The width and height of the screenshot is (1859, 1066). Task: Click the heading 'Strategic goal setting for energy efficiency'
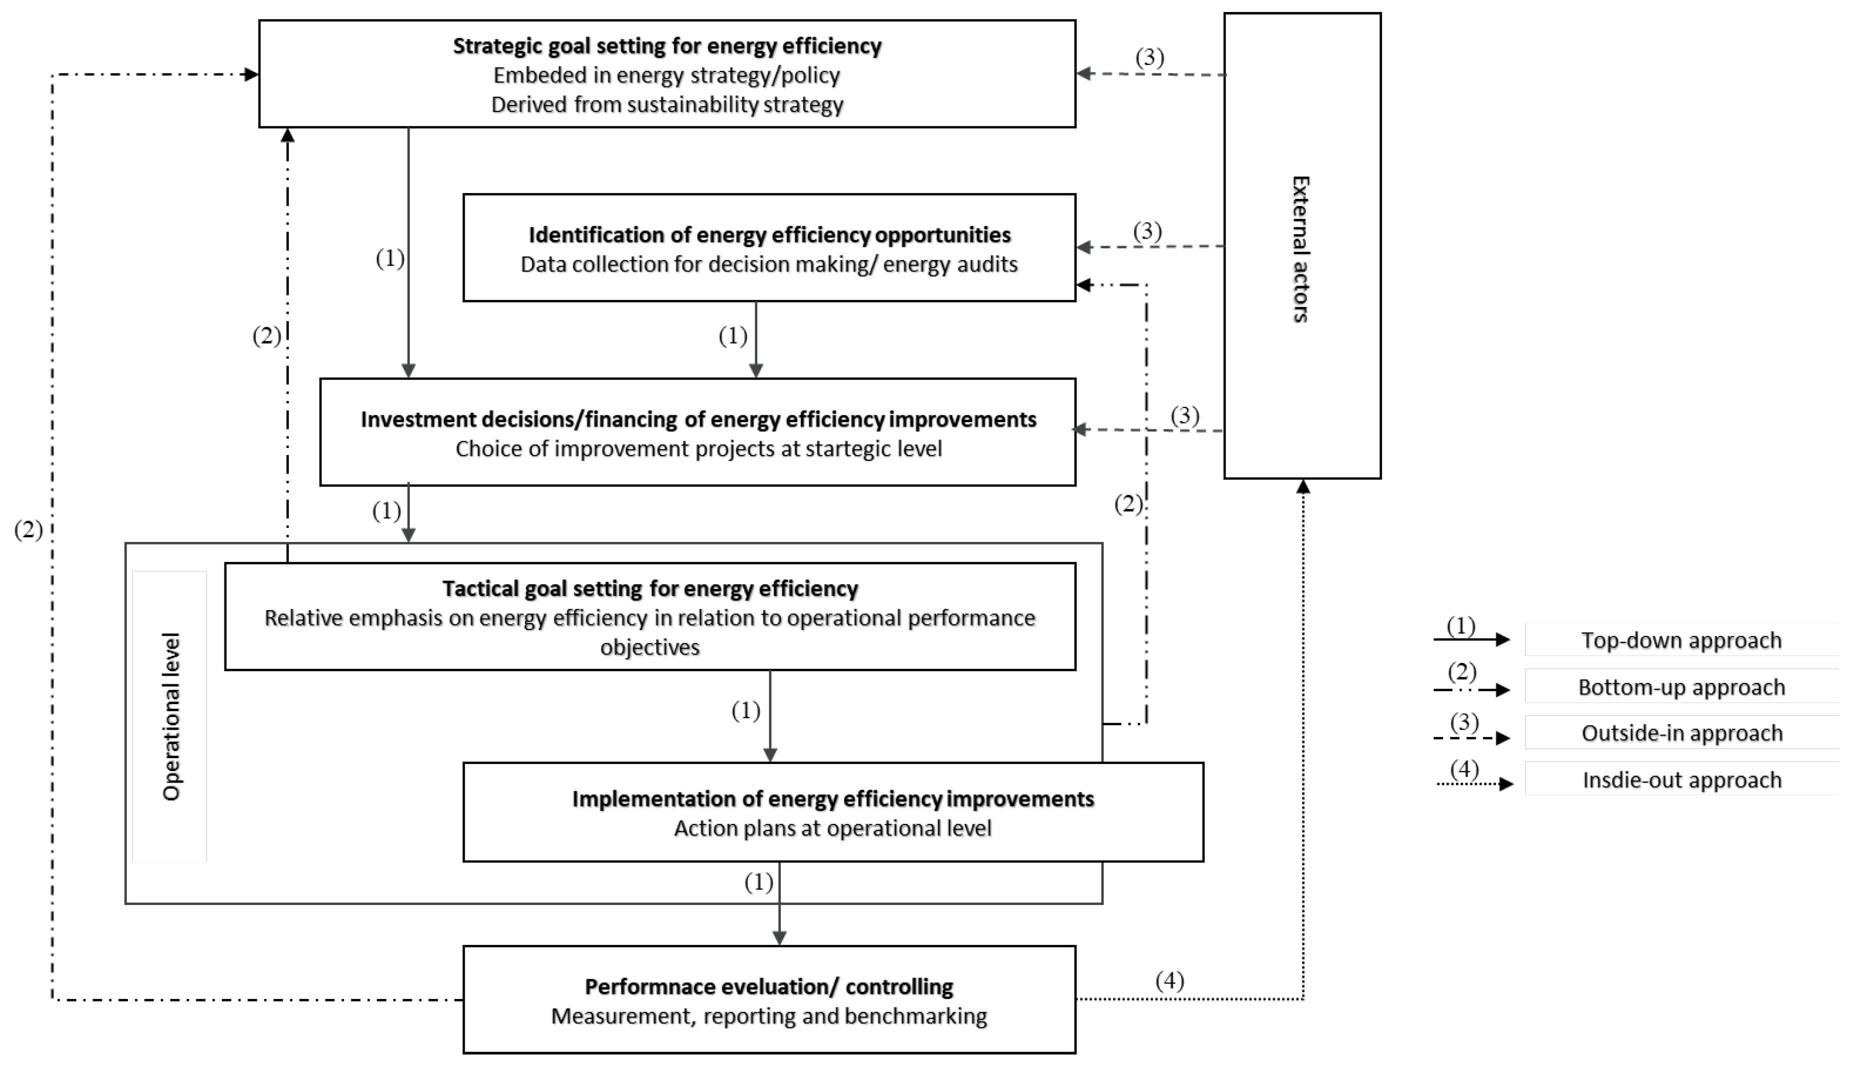667,46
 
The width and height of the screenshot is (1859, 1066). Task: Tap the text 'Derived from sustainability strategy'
667,104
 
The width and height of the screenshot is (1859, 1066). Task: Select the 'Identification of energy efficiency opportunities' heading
769,235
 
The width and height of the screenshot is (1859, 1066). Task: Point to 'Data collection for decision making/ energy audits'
769,264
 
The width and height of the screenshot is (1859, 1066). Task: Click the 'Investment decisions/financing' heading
698,419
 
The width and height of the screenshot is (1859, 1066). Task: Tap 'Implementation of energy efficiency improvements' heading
833,799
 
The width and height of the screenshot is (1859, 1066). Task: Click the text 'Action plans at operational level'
833,828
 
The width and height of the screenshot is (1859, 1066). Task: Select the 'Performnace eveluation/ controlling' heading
769,987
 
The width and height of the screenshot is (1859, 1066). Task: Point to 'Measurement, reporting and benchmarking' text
769,1016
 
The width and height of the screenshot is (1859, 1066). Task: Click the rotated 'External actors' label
1301,249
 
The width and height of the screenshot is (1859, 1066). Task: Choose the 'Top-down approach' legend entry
1681,640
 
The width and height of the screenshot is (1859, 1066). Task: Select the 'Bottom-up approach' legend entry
1681,687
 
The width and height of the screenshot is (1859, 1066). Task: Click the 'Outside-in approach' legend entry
1681,733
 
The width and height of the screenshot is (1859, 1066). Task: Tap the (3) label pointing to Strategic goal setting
1150,58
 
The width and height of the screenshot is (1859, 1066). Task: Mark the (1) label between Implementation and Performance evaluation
759,883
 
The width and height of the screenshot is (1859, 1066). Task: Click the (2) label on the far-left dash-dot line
28,530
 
